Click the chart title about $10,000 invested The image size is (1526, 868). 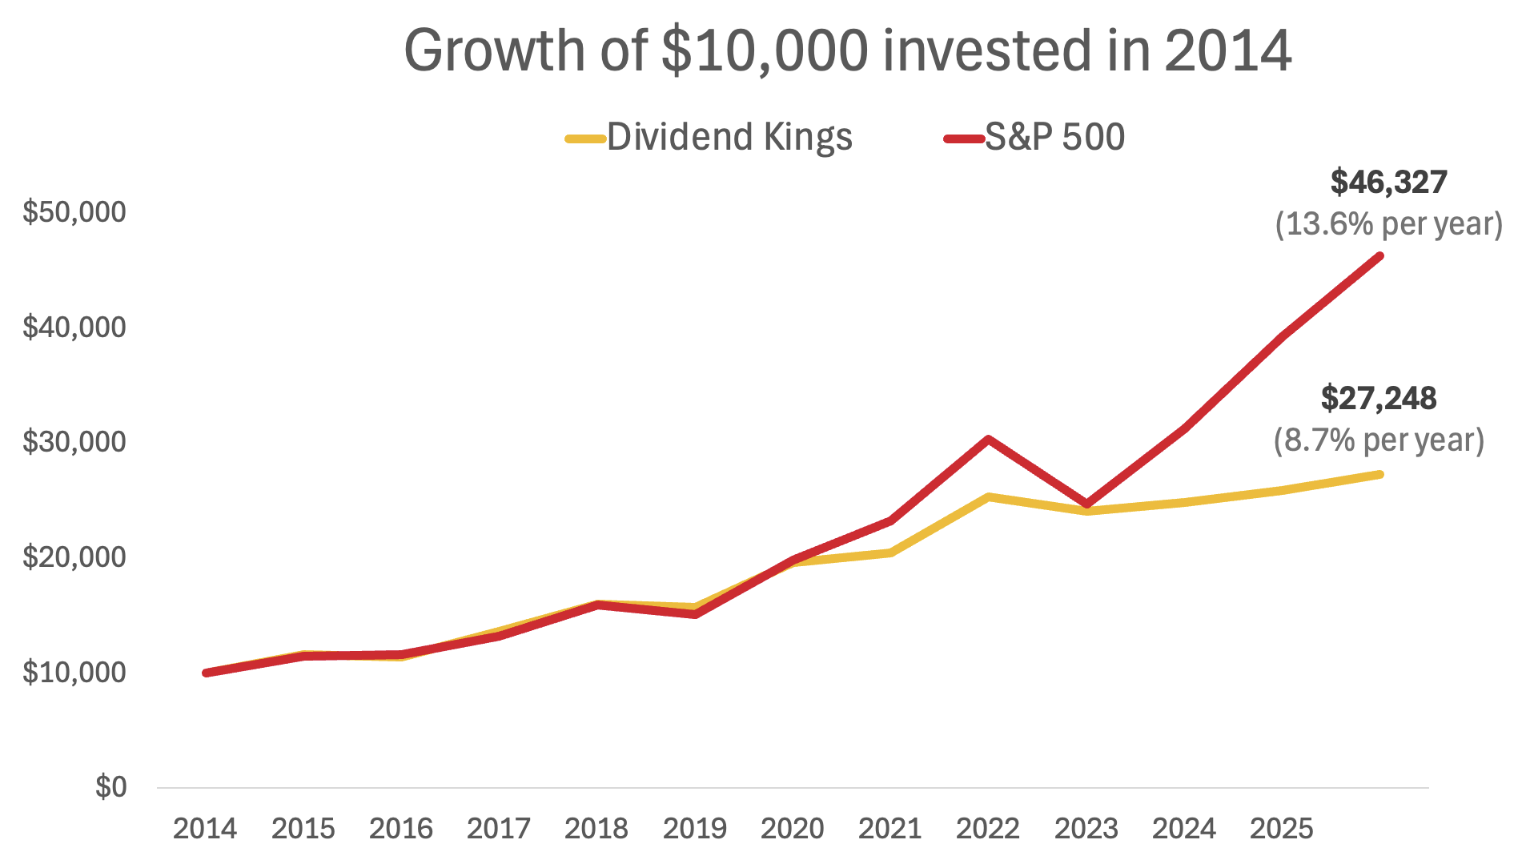point(847,50)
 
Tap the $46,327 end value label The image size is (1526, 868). point(1388,183)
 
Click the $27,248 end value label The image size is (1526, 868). point(1378,399)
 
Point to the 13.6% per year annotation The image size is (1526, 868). point(1388,224)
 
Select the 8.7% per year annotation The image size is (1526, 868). point(1379,440)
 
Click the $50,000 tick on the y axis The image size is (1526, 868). point(74,212)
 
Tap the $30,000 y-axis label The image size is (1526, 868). point(74,442)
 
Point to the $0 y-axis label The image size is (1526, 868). point(110,787)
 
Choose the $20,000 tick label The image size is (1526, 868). point(74,557)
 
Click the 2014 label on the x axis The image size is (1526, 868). point(205,829)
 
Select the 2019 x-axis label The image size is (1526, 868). point(694,829)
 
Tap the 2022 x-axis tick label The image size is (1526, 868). point(988,829)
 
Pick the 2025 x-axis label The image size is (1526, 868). point(1281,829)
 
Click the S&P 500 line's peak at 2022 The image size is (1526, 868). point(989,439)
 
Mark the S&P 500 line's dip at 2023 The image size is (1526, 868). point(1086,504)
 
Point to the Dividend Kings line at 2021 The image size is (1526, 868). point(890,553)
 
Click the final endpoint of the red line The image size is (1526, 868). point(1379,256)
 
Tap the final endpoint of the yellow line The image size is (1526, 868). point(1379,475)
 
